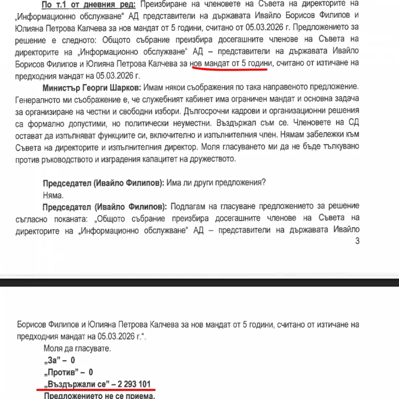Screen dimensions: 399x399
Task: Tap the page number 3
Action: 357,241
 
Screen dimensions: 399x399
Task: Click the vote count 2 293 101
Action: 134,384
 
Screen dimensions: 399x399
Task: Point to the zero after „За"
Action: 73,360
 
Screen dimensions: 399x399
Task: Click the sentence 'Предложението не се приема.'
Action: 99,396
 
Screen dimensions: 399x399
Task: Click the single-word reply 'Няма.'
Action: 53,194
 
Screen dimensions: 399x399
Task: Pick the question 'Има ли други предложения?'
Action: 216,183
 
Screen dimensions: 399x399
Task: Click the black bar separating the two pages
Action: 199,282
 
